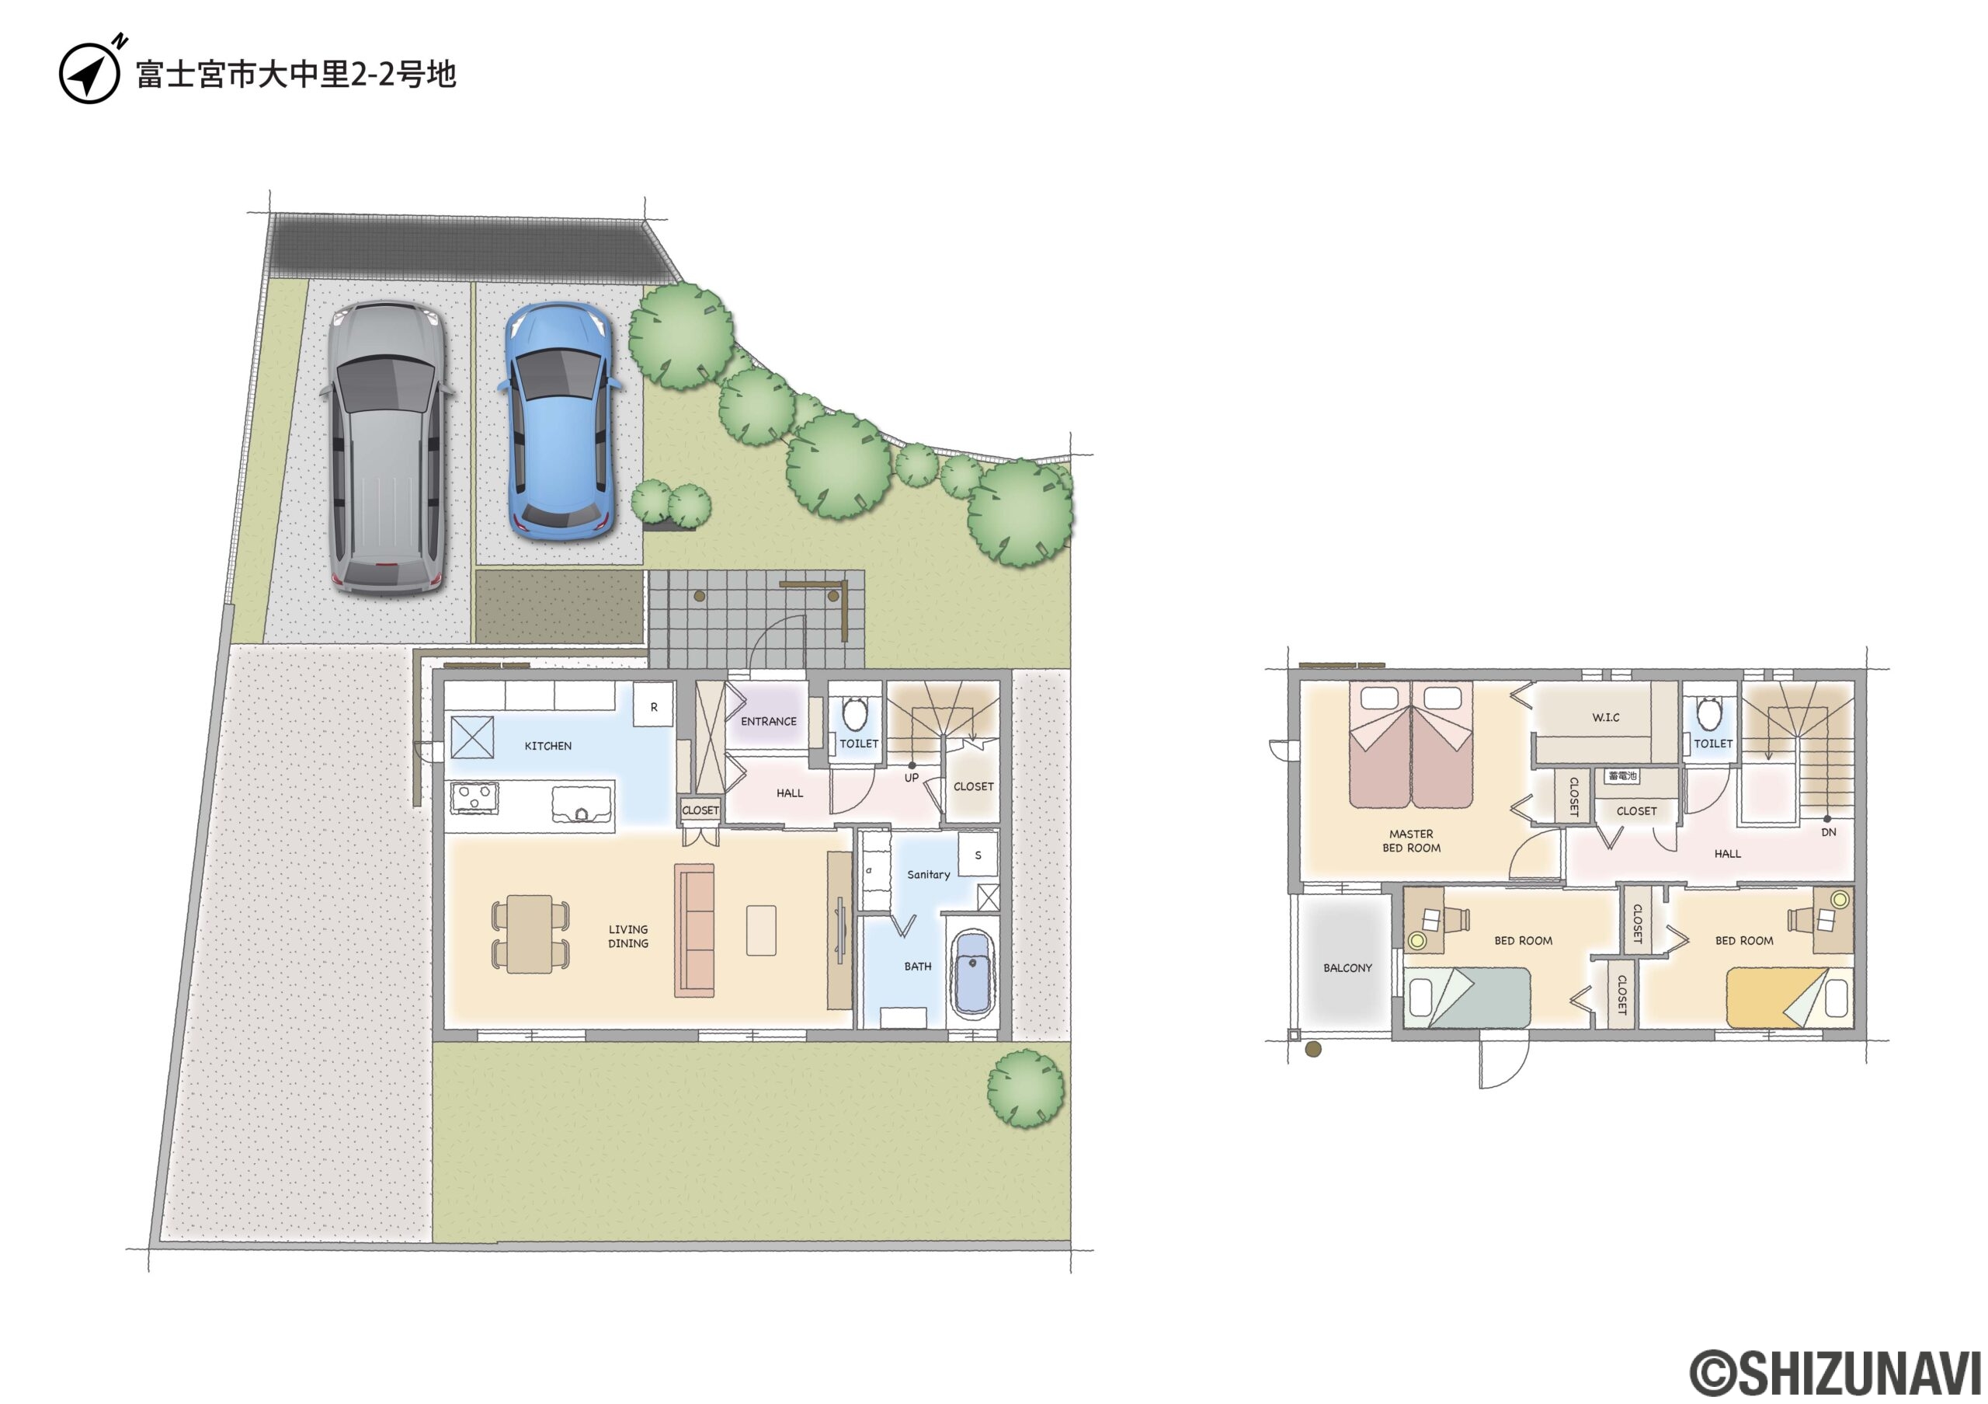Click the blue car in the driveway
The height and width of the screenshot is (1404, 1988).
[x=559, y=421]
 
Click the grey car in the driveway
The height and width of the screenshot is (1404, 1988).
[x=386, y=447]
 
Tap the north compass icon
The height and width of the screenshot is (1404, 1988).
[x=90, y=72]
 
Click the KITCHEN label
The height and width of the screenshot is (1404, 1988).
[x=548, y=746]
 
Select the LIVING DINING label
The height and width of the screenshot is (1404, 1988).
[x=627, y=936]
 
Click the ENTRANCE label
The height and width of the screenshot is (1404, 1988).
[x=768, y=722]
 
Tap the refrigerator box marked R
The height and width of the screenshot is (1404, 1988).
[x=653, y=706]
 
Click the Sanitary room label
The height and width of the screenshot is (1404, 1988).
[x=928, y=875]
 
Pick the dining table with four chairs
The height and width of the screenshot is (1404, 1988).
[x=530, y=934]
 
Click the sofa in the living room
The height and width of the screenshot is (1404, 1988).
[x=694, y=930]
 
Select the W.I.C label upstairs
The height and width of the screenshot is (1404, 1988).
[x=1605, y=717]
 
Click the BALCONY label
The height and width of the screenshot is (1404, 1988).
[x=1347, y=967]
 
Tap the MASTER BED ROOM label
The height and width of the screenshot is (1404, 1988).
[x=1411, y=841]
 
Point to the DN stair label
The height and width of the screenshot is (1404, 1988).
[x=1829, y=832]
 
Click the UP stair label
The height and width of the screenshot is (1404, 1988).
[x=911, y=778]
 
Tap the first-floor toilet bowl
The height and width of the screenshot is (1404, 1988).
[x=856, y=714]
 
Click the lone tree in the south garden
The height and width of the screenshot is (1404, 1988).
[x=1026, y=1089]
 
